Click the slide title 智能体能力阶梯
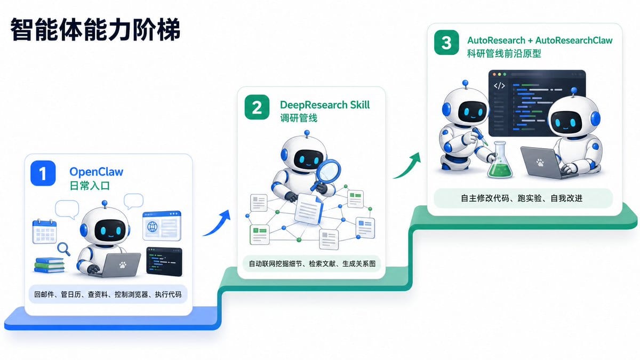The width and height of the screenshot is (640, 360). click(95, 29)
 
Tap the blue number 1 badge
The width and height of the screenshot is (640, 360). click(43, 173)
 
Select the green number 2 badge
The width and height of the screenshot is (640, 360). click(257, 107)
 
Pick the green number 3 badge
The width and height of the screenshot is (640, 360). click(446, 43)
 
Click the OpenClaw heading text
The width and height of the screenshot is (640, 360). click(97, 172)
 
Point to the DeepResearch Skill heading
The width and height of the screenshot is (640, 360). click(325, 105)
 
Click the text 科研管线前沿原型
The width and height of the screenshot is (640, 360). click(504, 53)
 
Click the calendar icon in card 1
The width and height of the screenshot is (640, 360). click(45, 231)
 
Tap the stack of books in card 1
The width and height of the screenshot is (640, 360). click(49, 265)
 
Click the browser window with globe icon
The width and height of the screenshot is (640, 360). click(162, 226)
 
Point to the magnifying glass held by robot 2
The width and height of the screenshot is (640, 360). click(327, 173)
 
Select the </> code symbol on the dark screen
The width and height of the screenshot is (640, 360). click(499, 85)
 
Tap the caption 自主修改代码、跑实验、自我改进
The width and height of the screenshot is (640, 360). click(522, 198)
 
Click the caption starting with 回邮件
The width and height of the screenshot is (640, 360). click(108, 294)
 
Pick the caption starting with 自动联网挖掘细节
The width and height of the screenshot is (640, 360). click(312, 263)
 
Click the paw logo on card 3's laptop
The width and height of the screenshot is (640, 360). click(540, 163)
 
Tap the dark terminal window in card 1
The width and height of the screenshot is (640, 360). click(164, 262)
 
